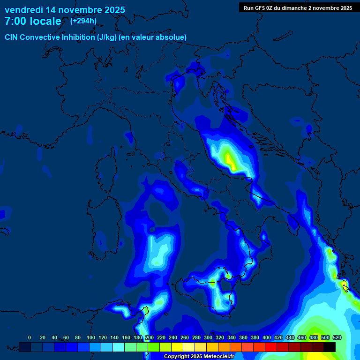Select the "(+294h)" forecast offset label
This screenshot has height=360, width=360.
tap(84, 21)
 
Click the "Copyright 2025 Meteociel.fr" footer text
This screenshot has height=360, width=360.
tap(198, 356)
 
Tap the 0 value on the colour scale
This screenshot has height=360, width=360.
tap(30, 337)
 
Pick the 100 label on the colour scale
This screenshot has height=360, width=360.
tap(91, 337)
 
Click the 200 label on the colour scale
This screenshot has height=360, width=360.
tap(150, 337)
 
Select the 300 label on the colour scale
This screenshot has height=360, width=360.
tap(208, 337)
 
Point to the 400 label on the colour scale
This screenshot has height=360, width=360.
tap(267, 337)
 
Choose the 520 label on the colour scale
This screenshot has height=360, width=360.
tap(337, 337)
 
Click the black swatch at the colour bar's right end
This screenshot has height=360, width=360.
tap(330, 347)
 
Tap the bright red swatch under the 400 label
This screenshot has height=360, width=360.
tap(271, 347)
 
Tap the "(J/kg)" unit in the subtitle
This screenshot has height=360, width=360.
tap(107, 37)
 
